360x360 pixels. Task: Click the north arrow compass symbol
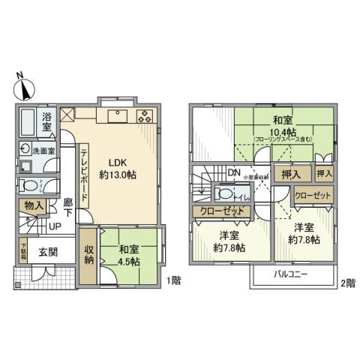click(x=24, y=87)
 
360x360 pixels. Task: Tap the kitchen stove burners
click(x=145, y=116)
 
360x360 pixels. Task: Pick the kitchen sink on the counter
click(x=118, y=115)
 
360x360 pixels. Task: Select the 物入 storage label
click(x=33, y=204)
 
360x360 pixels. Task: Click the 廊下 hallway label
click(x=68, y=207)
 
